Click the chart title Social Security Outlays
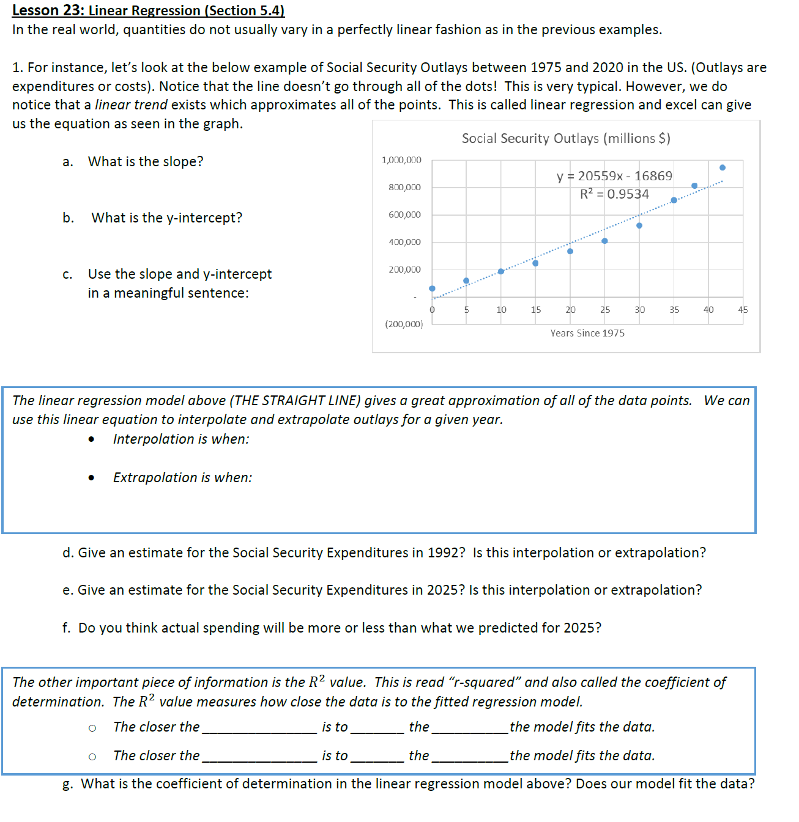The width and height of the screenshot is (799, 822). point(566,139)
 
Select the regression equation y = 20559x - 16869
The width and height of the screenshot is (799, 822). point(614,176)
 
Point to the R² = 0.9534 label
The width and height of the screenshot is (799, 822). point(614,194)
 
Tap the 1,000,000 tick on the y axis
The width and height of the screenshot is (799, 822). point(401,160)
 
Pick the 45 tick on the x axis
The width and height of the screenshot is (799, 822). point(743,310)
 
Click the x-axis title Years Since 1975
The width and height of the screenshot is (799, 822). point(587,333)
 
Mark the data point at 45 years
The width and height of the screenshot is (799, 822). point(723,167)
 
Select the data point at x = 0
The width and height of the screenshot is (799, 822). point(433,288)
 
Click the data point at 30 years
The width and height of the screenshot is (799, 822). point(639,226)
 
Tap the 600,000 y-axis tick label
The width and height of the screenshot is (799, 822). point(404,215)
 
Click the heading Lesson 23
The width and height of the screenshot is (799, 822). point(148,10)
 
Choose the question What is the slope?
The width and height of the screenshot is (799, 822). point(146,161)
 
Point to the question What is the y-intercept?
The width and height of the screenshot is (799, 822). point(166,218)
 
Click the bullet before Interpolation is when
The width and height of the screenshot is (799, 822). point(92,439)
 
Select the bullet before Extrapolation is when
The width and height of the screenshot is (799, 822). point(92,478)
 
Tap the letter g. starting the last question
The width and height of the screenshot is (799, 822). point(68,783)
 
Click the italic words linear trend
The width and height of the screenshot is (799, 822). point(131,105)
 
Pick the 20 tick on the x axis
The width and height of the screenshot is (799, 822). point(570,310)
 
